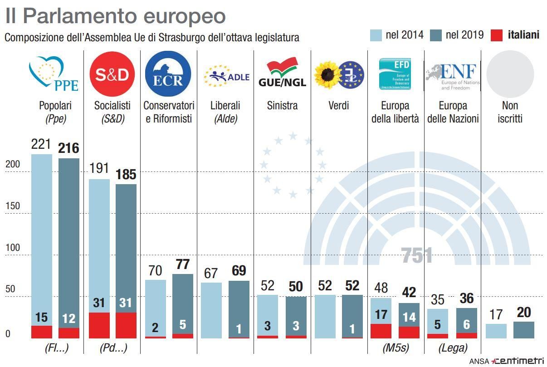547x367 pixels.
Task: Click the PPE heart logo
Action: pos(54,74)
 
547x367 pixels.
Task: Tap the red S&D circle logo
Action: pos(112,73)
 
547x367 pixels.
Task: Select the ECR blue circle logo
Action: pos(168,73)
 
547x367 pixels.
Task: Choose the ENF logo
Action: pos(452,75)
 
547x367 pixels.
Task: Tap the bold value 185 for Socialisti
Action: pos(126,175)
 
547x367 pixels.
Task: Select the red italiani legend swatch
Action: pos(498,35)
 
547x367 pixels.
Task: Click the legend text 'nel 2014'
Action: pos(405,35)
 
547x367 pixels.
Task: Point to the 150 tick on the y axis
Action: pos(13,206)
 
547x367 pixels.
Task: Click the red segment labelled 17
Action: pos(381,331)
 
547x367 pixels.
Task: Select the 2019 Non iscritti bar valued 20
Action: pos(523,330)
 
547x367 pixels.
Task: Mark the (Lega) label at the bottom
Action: pos(453,348)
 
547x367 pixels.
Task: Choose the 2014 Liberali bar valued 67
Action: pos(211,310)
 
